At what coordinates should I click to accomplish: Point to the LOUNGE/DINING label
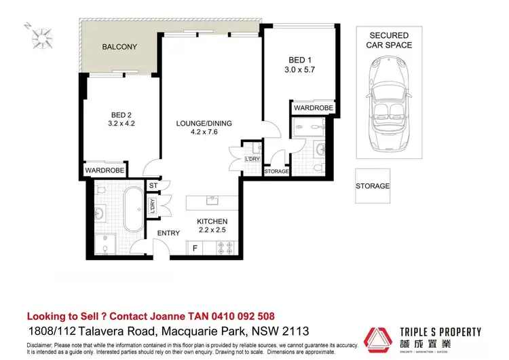coord(204,124)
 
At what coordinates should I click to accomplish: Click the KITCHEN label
coord(212,221)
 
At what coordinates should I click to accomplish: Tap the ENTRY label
coord(168,234)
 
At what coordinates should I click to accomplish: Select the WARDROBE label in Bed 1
coord(313,108)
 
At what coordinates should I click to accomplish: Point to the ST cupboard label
coord(153,185)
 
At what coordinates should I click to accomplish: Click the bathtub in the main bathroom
coord(133,209)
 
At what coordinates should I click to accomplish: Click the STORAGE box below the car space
coord(373,185)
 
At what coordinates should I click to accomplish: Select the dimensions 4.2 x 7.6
coord(204,133)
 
